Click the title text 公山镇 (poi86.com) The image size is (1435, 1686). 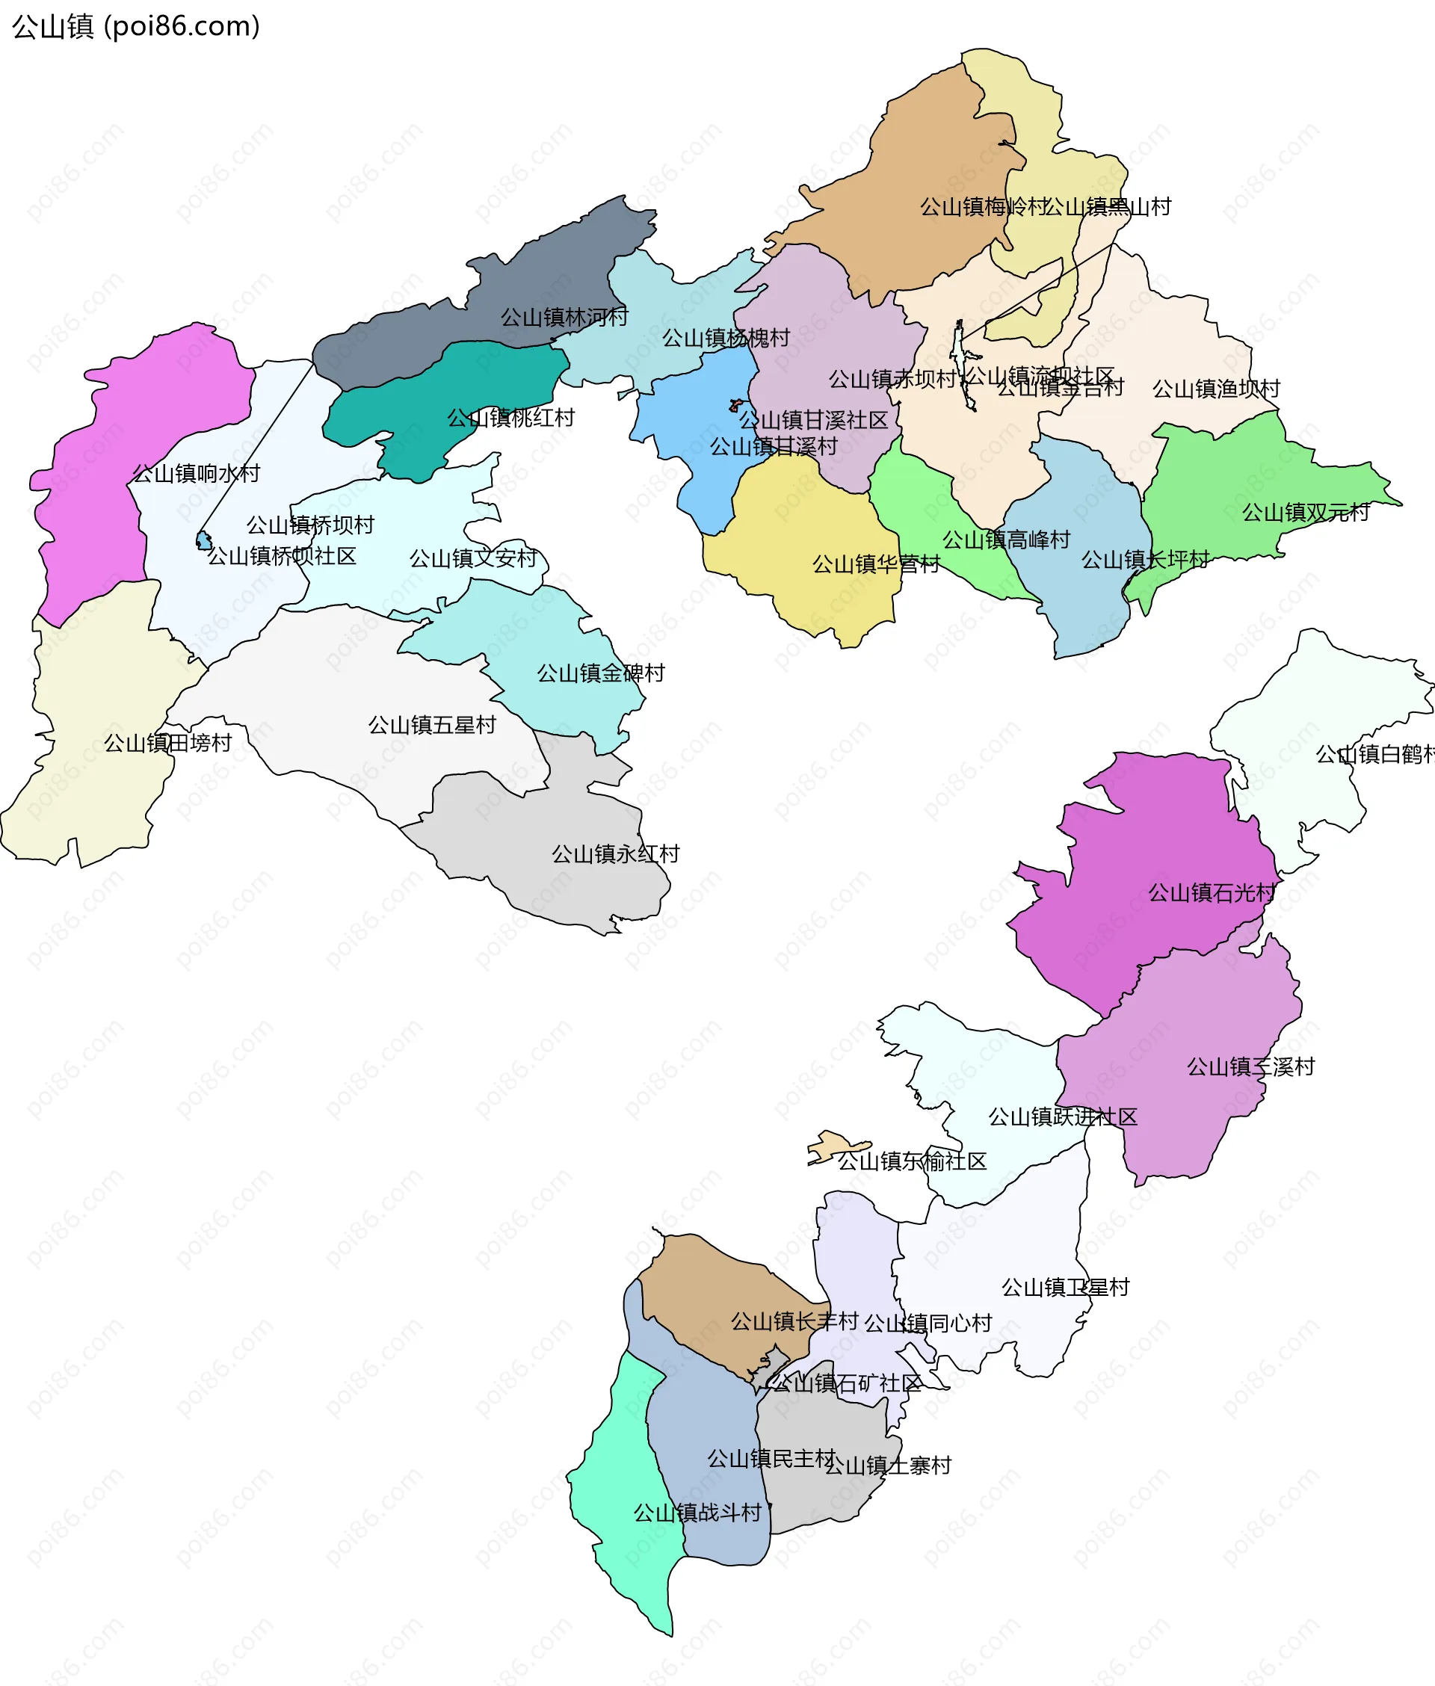point(136,26)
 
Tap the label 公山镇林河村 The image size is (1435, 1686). point(564,317)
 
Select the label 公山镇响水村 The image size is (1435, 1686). point(196,473)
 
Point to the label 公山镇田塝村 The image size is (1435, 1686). point(167,743)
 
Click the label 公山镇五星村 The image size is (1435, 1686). point(432,725)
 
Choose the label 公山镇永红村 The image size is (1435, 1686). point(615,854)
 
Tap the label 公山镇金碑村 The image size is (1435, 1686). point(600,673)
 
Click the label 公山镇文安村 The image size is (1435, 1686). point(472,559)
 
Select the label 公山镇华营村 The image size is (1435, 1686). point(875,563)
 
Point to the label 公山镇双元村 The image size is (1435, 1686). point(1305,513)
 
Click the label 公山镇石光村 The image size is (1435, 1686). point(1212,893)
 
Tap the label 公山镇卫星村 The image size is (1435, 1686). point(1065,1288)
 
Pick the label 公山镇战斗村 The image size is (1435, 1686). point(697,1513)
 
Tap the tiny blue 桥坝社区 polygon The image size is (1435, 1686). point(203,540)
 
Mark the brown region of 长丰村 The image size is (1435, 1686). point(716,1285)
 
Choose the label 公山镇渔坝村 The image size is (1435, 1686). point(1216,389)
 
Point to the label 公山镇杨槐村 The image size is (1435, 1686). point(726,338)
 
